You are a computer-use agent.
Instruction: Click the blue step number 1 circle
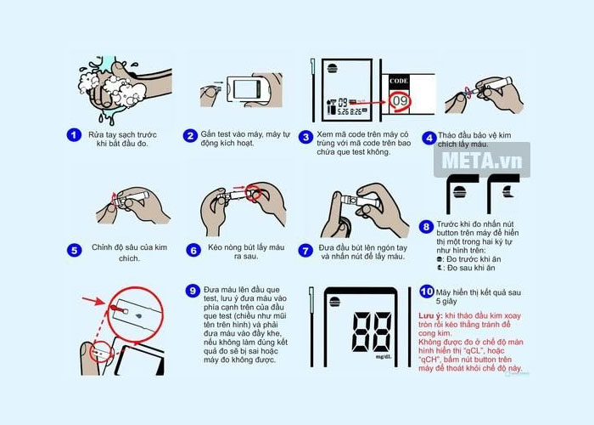click(x=75, y=134)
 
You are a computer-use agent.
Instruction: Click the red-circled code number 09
click(x=400, y=104)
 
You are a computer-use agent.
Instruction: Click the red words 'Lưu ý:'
click(x=432, y=315)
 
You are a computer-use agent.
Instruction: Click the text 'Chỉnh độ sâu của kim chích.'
click(x=126, y=253)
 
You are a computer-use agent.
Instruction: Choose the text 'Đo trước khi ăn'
click(x=470, y=256)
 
